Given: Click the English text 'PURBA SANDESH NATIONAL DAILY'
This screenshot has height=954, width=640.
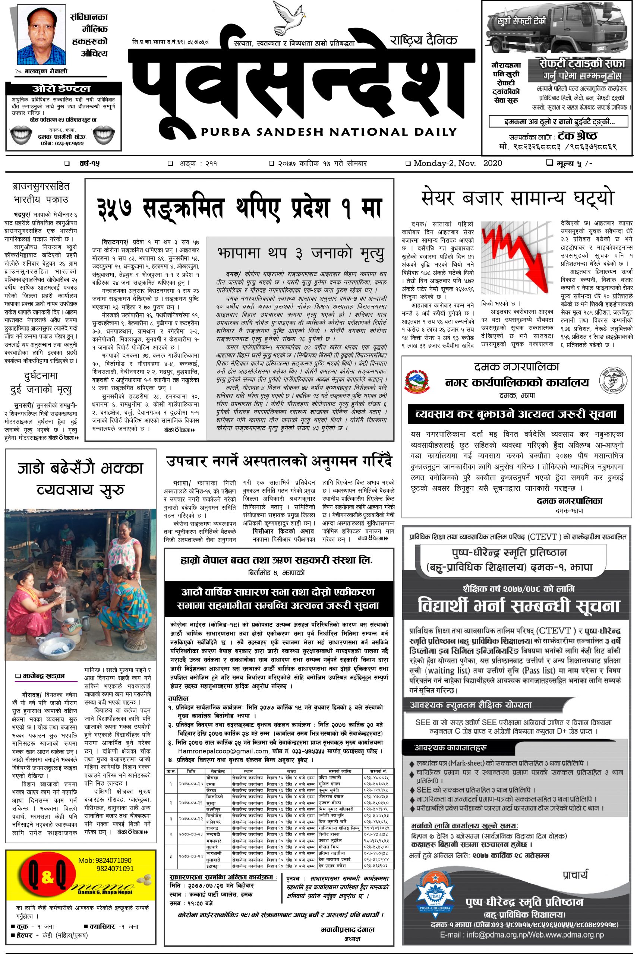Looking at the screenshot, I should pyautogui.click(x=328, y=132).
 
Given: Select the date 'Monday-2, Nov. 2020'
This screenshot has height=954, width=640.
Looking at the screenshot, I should pyautogui.click(x=457, y=164).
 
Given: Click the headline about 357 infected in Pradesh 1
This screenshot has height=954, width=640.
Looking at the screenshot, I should pyautogui.click(x=240, y=208).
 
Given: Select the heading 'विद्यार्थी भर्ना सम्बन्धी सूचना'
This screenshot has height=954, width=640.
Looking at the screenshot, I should pyautogui.click(x=518, y=606).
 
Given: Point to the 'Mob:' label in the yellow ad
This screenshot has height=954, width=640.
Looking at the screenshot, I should pyautogui.click(x=86, y=860).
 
